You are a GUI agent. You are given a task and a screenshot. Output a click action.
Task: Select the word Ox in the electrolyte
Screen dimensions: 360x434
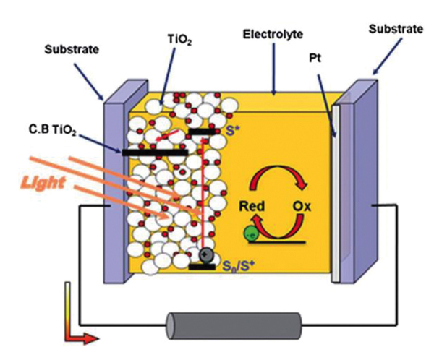[303, 205]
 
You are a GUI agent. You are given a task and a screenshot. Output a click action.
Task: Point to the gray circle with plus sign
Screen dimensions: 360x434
[205, 255]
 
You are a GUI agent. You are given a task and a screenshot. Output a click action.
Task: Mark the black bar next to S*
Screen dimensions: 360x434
[202, 132]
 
